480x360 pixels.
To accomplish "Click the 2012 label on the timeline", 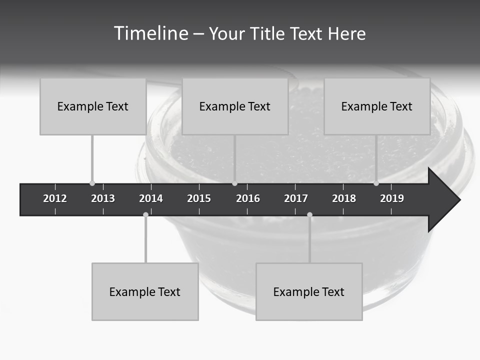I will tap(55, 198).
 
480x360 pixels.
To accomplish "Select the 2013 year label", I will tap(103, 198).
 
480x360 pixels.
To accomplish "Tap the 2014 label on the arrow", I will tap(151, 198).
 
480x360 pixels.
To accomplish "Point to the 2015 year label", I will tap(199, 198).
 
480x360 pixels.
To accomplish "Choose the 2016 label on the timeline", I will tap(248, 198).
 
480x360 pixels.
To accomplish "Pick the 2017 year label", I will tap(296, 198).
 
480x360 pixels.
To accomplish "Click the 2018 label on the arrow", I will tap(344, 198).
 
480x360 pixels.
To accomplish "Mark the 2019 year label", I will tap(392, 198).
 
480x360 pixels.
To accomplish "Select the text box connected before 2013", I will tap(93, 106).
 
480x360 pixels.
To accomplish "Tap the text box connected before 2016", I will tap(235, 106).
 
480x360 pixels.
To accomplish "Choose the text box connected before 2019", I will tap(377, 106).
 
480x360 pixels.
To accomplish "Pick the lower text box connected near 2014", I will tap(145, 291).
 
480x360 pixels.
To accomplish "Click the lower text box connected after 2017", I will tap(309, 291).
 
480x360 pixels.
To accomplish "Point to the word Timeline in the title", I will tap(150, 33).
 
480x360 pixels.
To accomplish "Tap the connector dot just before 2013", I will tap(92, 183).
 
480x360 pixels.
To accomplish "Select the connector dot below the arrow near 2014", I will tap(145, 214).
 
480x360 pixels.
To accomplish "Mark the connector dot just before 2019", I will tap(376, 183).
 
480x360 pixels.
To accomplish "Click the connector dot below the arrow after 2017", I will tap(309, 214).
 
